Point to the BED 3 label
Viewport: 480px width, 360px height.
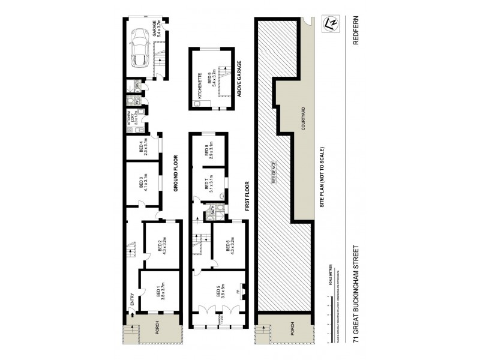[143, 182]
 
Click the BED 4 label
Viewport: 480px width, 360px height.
[142, 147]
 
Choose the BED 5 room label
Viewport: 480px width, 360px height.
[220, 292]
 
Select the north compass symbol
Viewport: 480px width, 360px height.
[329, 24]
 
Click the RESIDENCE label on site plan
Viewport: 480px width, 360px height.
[274, 174]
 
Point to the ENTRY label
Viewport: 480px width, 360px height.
[132, 298]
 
